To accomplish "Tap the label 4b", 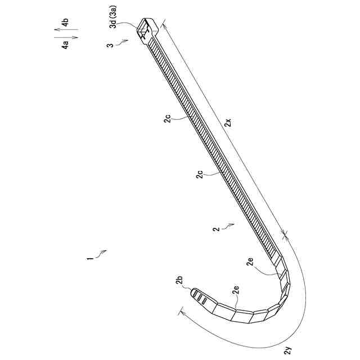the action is (x=66, y=24).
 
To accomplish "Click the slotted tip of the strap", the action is (x=197, y=295).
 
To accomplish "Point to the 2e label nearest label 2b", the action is (x=237, y=290).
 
